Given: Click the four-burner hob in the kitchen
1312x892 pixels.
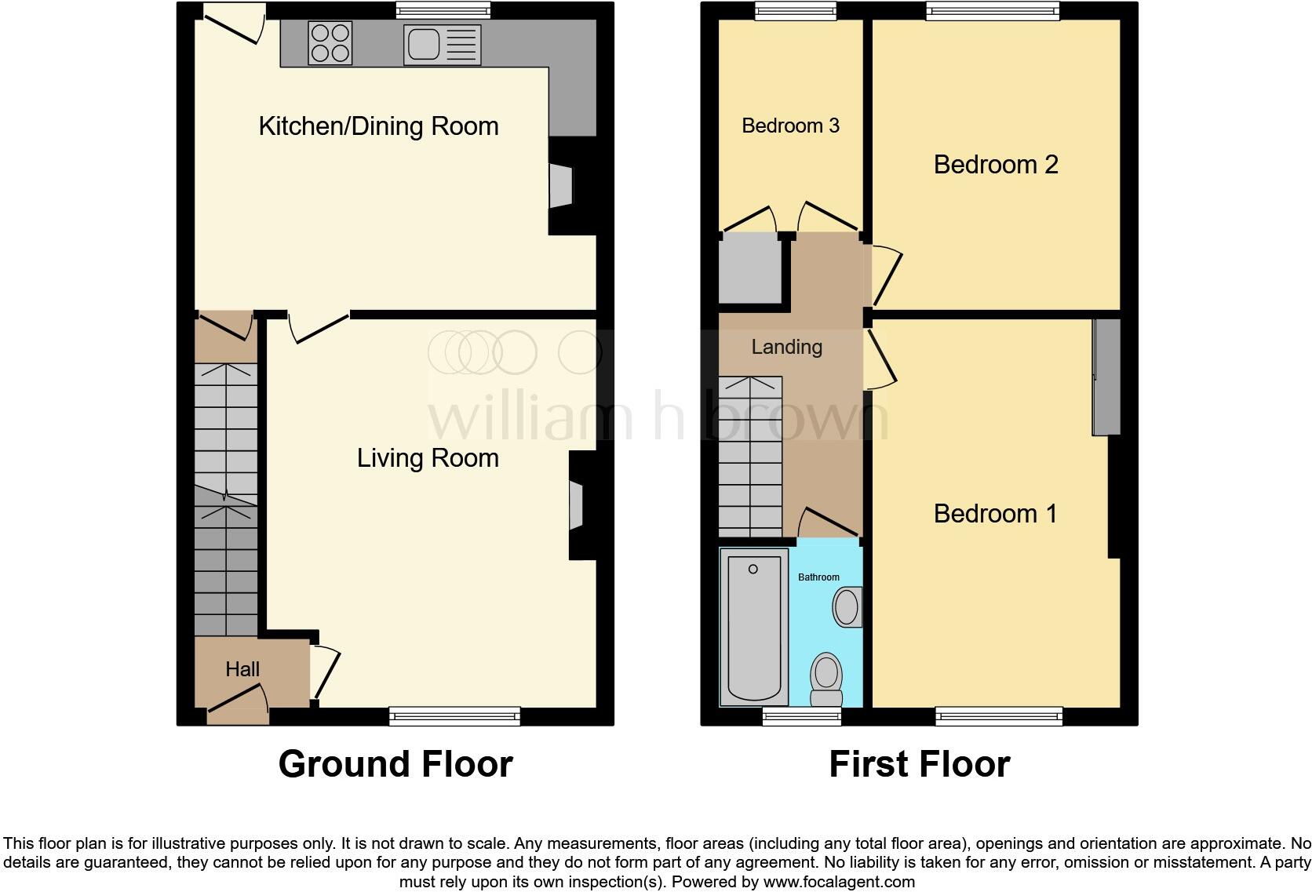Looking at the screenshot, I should [330, 42].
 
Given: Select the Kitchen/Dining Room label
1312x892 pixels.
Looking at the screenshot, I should [378, 126].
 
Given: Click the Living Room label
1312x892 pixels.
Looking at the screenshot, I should [428, 458].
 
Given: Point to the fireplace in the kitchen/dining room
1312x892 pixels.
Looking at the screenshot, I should [560, 186].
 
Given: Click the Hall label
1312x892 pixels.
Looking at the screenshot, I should [242, 669].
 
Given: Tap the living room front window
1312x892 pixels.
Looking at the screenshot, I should [455, 715].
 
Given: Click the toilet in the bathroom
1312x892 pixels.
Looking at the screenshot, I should [825, 679].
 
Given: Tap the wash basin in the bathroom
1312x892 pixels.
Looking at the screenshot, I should [847, 607].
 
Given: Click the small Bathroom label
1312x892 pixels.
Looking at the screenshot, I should [818, 577].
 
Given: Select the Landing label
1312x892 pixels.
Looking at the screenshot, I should [786, 347].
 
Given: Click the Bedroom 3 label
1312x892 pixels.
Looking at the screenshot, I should [790, 126].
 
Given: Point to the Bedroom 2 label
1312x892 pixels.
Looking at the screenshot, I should [995, 165].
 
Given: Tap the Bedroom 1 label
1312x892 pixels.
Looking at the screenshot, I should [995, 514].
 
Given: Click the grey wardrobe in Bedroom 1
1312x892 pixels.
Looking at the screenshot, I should [1106, 377].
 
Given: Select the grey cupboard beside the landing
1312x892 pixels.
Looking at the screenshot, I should [752, 268].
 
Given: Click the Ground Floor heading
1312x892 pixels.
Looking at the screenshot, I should [395, 764].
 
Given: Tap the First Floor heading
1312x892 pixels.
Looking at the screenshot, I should [919, 764].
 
